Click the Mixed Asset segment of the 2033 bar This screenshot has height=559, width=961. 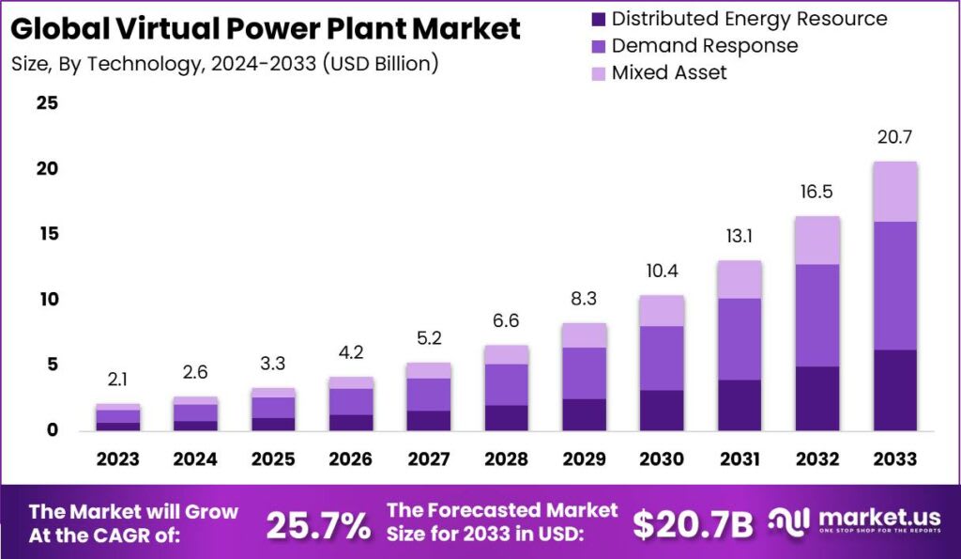click(x=894, y=192)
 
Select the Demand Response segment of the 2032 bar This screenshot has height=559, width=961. click(x=816, y=315)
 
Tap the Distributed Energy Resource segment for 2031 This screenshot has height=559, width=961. click(x=739, y=405)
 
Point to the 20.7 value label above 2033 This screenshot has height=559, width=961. click(x=894, y=137)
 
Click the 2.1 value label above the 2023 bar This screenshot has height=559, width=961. click(x=117, y=380)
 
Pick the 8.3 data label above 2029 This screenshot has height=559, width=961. click(x=583, y=299)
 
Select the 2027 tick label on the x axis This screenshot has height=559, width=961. click(x=427, y=458)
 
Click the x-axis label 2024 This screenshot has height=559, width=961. click(x=195, y=458)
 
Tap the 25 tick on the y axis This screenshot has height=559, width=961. click(x=47, y=103)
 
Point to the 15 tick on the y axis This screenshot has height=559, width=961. click(x=47, y=234)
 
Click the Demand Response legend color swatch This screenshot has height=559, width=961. click(x=597, y=45)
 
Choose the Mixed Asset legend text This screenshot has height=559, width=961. click(x=669, y=72)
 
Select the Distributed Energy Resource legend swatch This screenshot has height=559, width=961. click(x=597, y=19)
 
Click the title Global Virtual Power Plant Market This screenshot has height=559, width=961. click(x=266, y=28)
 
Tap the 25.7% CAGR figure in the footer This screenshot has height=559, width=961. click(x=318, y=526)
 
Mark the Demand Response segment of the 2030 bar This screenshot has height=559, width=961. click(x=661, y=358)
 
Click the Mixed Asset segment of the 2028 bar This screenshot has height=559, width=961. click(x=505, y=354)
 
